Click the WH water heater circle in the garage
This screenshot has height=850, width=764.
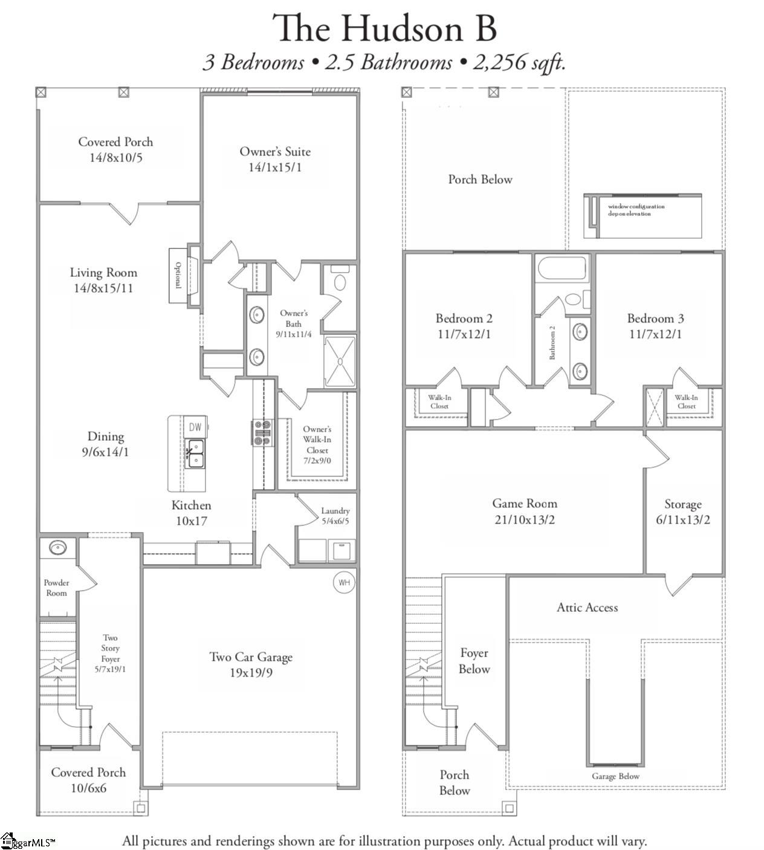[344, 583]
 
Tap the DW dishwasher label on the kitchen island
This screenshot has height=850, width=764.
[195, 427]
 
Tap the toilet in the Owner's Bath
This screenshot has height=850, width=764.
[340, 282]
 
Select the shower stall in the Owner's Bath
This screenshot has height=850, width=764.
[340, 362]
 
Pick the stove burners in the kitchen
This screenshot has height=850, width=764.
[262, 433]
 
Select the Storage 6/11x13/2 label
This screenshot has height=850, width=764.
[683, 512]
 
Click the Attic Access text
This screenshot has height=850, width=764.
[587, 608]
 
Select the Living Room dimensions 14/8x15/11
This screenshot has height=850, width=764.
[103, 288]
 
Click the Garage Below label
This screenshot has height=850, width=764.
[615, 776]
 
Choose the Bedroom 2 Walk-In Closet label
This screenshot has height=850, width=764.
[439, 401]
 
